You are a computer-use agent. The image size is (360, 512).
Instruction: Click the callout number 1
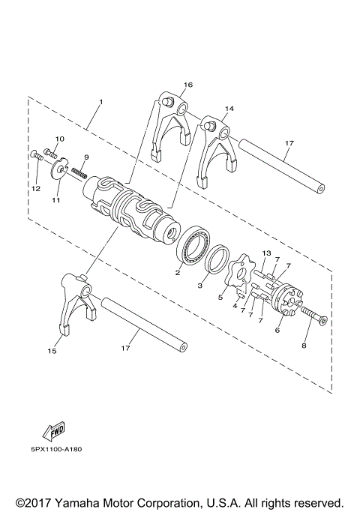point(100,101)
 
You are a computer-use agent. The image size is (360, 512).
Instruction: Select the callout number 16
point(187,85)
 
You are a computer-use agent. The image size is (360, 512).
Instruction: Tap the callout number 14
point(229,109)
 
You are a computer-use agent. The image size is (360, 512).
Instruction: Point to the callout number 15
point(52,350)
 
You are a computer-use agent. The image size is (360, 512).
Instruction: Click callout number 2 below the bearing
point(178,273)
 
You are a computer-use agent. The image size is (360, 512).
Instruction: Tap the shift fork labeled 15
point(76,307)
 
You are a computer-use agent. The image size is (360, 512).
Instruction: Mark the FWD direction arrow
point(54,431)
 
